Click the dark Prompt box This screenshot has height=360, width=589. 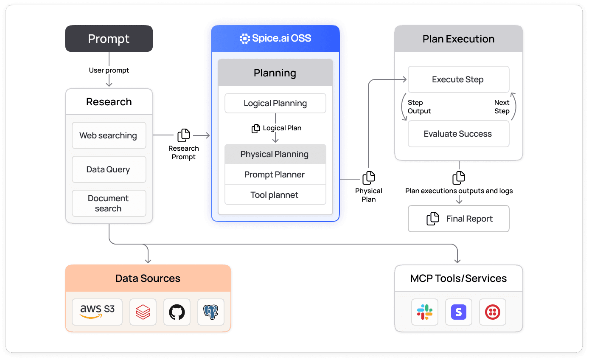pos(109,39)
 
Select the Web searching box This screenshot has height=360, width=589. pos(109,135)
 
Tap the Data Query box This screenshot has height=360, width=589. pos(109,169)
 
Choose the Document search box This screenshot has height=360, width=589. pos(109,203)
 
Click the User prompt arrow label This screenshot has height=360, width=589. pos(109,70)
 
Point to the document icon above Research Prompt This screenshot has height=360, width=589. pos(184,135)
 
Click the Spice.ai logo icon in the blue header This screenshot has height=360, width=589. pos(245,39)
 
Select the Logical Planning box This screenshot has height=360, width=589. pos(275,103)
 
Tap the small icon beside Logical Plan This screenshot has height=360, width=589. pos(256,128)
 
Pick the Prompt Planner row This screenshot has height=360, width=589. pos(275,174)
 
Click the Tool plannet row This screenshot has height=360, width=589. pos(275,195)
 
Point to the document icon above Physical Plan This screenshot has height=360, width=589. pos(368,178)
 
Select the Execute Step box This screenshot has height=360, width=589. pos(458,79)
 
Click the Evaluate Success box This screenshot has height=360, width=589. pos(458,134)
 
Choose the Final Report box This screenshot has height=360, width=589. pos(458,219)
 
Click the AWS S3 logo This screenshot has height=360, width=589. pos(97,312)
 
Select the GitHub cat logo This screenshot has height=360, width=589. pos(177,312)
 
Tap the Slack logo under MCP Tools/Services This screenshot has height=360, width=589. pos(425,312)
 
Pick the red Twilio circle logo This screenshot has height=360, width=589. pos(493,312)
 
